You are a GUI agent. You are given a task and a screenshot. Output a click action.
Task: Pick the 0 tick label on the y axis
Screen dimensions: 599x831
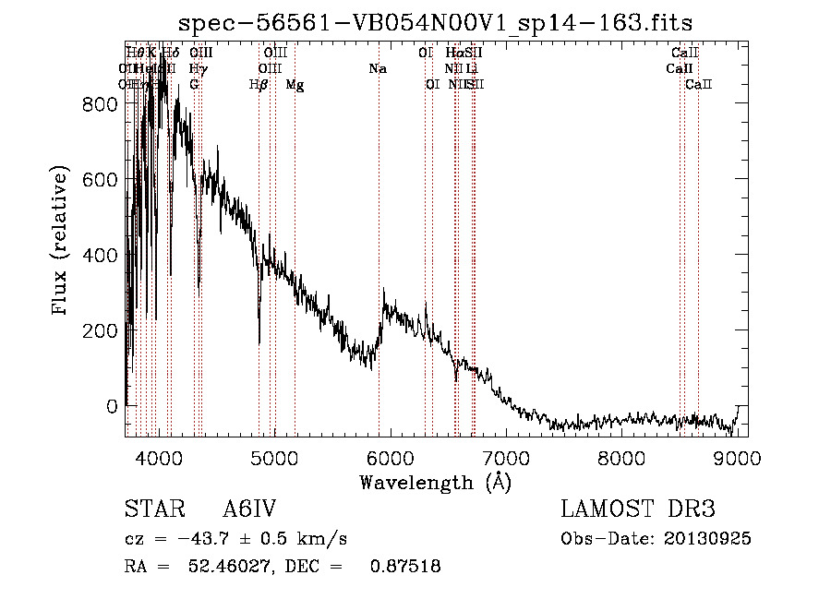(x=113, y=406)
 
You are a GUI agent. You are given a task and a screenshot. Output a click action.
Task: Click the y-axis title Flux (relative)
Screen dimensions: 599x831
(x=62, y=242)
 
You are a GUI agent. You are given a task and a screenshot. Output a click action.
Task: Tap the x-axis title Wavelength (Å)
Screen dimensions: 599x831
(x=435, y=482)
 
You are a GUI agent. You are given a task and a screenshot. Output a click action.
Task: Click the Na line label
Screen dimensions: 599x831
(x=377, y=68)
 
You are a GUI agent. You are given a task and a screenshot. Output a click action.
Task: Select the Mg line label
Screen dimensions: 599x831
(x=295, y=85)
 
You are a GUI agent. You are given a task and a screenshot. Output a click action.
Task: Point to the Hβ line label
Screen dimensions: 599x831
(x=259, y=85)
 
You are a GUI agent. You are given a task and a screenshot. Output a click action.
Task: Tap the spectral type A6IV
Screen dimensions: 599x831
(x=249, y=509)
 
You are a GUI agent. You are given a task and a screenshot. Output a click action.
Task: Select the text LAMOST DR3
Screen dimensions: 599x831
(x=638, y=509)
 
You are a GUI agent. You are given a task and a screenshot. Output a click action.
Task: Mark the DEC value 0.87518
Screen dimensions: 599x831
(x=404, y=566)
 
